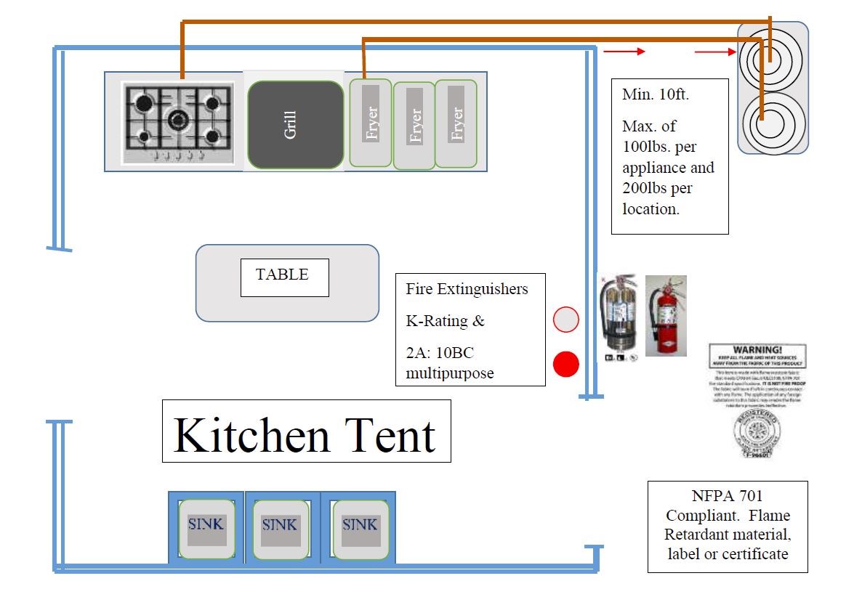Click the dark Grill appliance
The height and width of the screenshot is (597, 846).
click(295, 124)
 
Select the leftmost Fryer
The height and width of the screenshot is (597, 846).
click(371, 122)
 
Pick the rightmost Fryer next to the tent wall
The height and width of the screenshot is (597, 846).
click(456, 124)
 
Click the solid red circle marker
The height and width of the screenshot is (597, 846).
click(565, 364)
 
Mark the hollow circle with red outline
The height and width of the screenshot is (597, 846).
click(565, 320)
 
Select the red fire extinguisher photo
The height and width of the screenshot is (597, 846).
click(666, 315)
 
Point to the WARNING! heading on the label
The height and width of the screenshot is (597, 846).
click(757, 349)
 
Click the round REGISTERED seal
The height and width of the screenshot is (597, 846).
click(757, 434)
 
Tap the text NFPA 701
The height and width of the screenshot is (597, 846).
click(727, 497)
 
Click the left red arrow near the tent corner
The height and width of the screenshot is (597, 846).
click(624, 52)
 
